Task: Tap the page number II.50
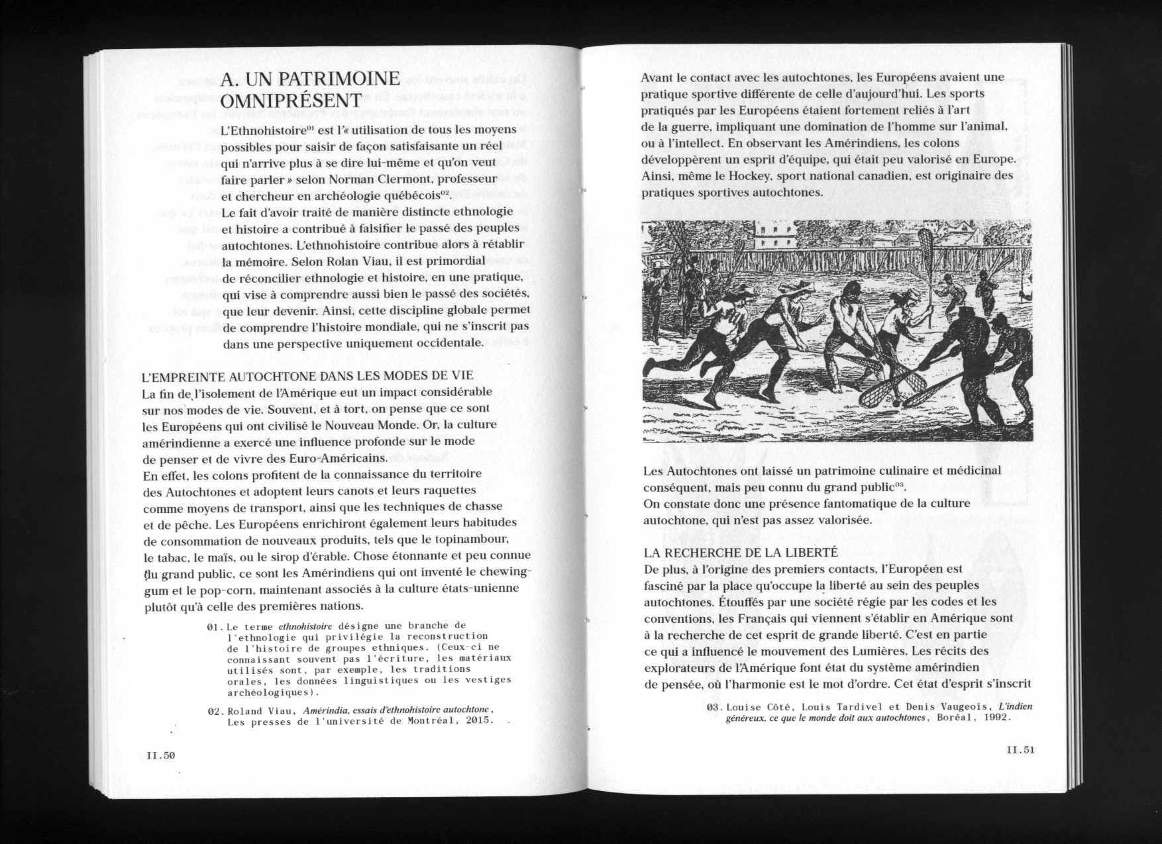(x=160, y=755)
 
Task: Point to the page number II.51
(x=1020, y=750)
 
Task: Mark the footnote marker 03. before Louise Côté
(x=715, y=707)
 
